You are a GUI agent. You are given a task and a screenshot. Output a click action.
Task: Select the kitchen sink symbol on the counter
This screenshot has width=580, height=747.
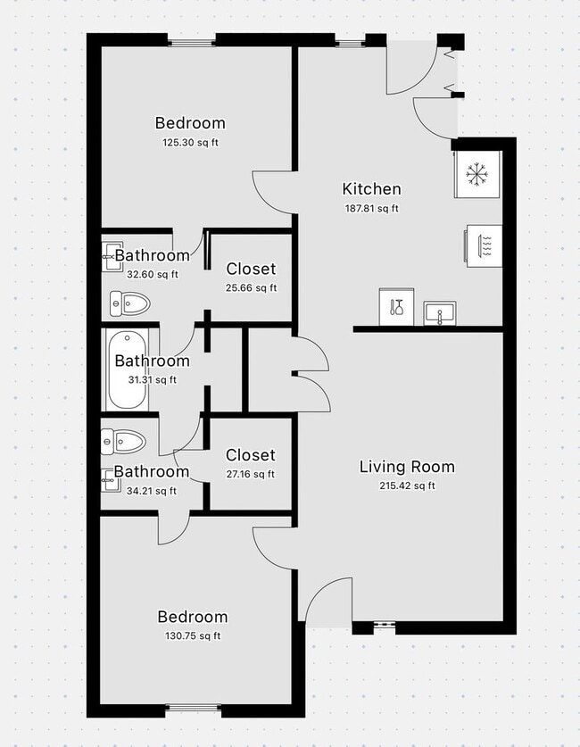pos(439,312)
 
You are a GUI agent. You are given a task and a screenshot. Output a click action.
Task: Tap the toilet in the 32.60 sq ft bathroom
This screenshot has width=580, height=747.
pos(128,304)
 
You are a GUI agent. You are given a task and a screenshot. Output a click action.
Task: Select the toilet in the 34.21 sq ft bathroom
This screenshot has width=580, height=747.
pos(123,441)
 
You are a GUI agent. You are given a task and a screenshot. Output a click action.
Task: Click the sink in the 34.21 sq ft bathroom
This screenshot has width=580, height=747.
pos(110,482)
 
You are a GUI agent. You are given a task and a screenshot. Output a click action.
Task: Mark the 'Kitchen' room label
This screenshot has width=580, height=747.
pos(371,189)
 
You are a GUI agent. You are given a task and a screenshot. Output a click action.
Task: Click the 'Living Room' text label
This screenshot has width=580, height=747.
pos(407,467)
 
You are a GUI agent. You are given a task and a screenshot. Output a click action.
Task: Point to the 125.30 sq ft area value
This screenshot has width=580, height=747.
pos(190,143)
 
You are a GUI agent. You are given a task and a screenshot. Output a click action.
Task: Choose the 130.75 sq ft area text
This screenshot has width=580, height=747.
pos(192,636)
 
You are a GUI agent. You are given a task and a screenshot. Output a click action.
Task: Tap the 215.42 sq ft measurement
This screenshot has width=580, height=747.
pos(407,486)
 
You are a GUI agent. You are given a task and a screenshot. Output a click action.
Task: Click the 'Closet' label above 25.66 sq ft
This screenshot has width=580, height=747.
pos(251,269)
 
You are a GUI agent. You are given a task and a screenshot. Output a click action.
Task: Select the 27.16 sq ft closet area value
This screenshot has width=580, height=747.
pos(250,475)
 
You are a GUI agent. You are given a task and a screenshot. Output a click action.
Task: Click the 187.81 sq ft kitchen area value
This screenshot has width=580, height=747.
pos(371,209)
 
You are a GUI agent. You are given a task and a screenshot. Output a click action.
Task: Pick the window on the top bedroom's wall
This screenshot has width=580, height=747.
pos(192,41)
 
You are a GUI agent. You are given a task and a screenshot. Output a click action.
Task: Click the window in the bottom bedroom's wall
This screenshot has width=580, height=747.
pos(194,710)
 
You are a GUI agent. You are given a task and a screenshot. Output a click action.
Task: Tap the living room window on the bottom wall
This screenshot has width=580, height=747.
pos(385,626)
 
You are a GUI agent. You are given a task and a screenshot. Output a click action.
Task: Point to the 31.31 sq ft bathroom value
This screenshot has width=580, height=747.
pos(152,380)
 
